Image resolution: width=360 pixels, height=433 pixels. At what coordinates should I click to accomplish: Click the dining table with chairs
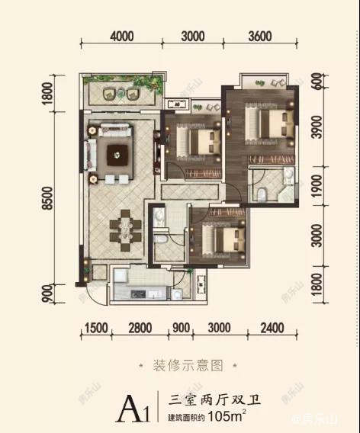(x=121, y=229)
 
